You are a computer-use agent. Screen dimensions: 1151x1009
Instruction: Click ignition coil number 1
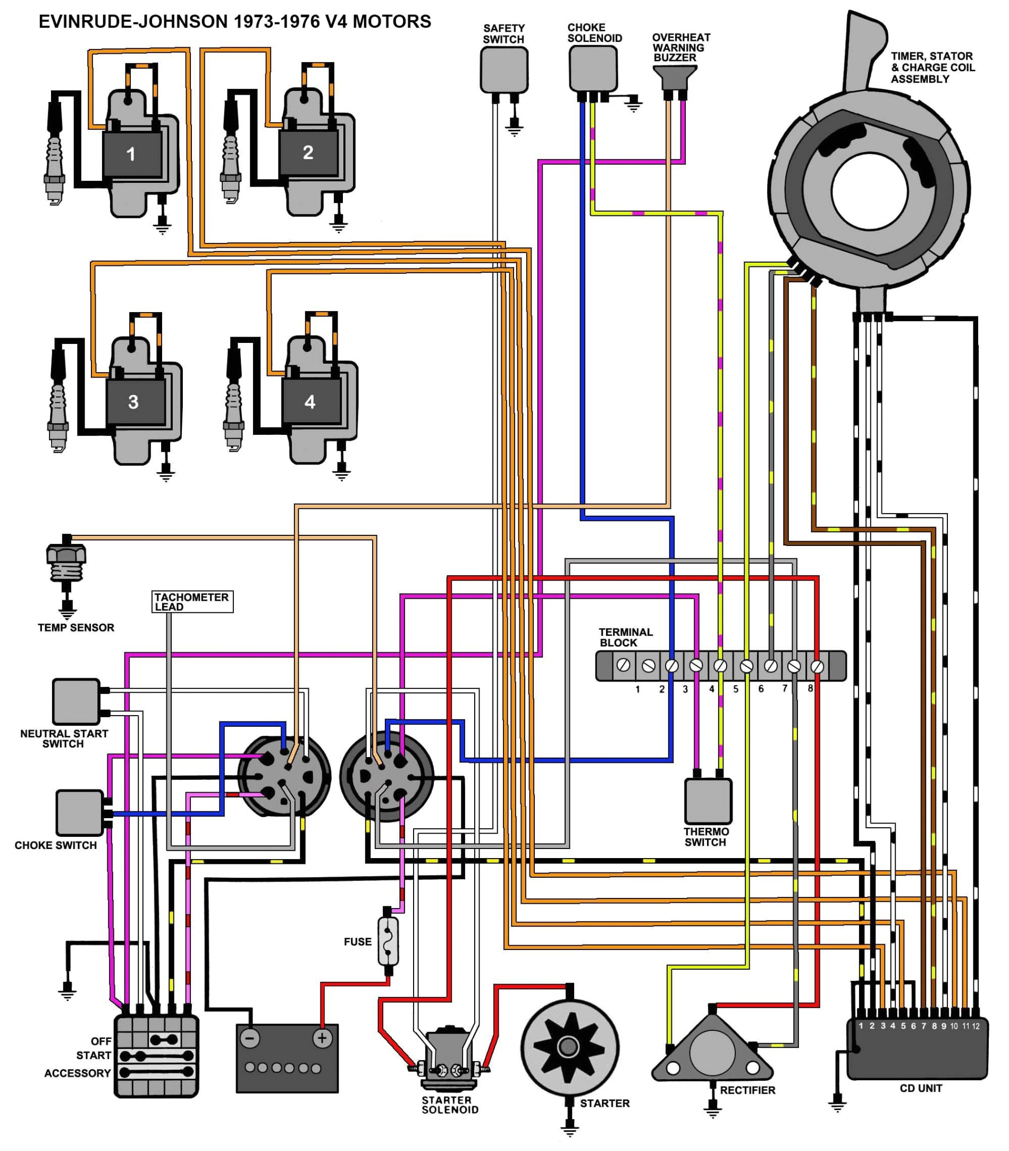pyautogui.click(x=131, y=154)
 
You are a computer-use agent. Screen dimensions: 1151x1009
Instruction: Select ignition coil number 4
pyautogui.click(x=310, y=401)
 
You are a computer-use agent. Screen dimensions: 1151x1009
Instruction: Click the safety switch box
pyautogui.click(x=504, y=70)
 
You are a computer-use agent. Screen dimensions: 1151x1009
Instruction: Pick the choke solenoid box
pyautogui.click(x=592, y=68)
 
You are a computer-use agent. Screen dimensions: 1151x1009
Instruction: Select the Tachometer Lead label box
pyautogui.click(x=192, y=601)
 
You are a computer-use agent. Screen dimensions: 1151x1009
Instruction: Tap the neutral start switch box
pyautogui.click(x=76, y=701)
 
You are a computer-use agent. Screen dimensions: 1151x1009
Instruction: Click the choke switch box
pyautogui.click(x=80, y=812)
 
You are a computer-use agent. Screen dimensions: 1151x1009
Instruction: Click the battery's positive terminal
pyautogui.click(x=322, y=1037)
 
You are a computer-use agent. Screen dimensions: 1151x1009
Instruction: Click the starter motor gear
pyautogui.click(x=568, y=1047)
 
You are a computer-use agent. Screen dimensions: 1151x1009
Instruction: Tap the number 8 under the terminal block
pyautogui.click(x=810, y=688)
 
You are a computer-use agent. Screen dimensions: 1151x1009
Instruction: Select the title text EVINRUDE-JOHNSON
pyautogui.click(x=133, y=22)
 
